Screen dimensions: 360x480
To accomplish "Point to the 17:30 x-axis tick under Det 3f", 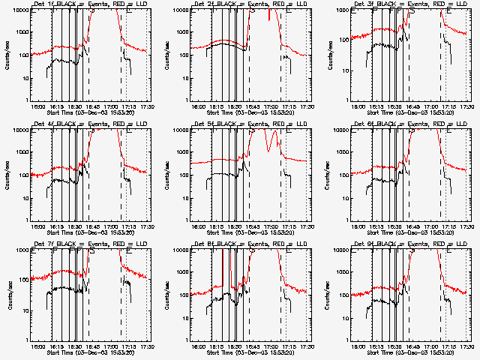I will pyautogui.click(x=468, y=107).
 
